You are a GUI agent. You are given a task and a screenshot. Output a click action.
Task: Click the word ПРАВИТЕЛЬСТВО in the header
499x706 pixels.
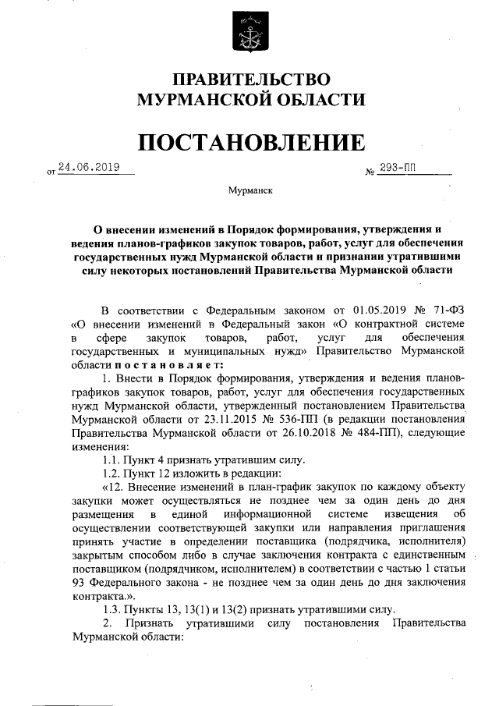point(251,80)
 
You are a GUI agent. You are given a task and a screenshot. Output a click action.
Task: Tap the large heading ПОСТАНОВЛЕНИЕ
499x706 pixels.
point(251,142)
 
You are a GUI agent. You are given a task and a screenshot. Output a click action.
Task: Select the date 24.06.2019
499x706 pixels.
point(86,166)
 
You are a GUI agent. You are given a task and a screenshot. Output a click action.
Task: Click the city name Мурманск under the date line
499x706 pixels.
point(250,190)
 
